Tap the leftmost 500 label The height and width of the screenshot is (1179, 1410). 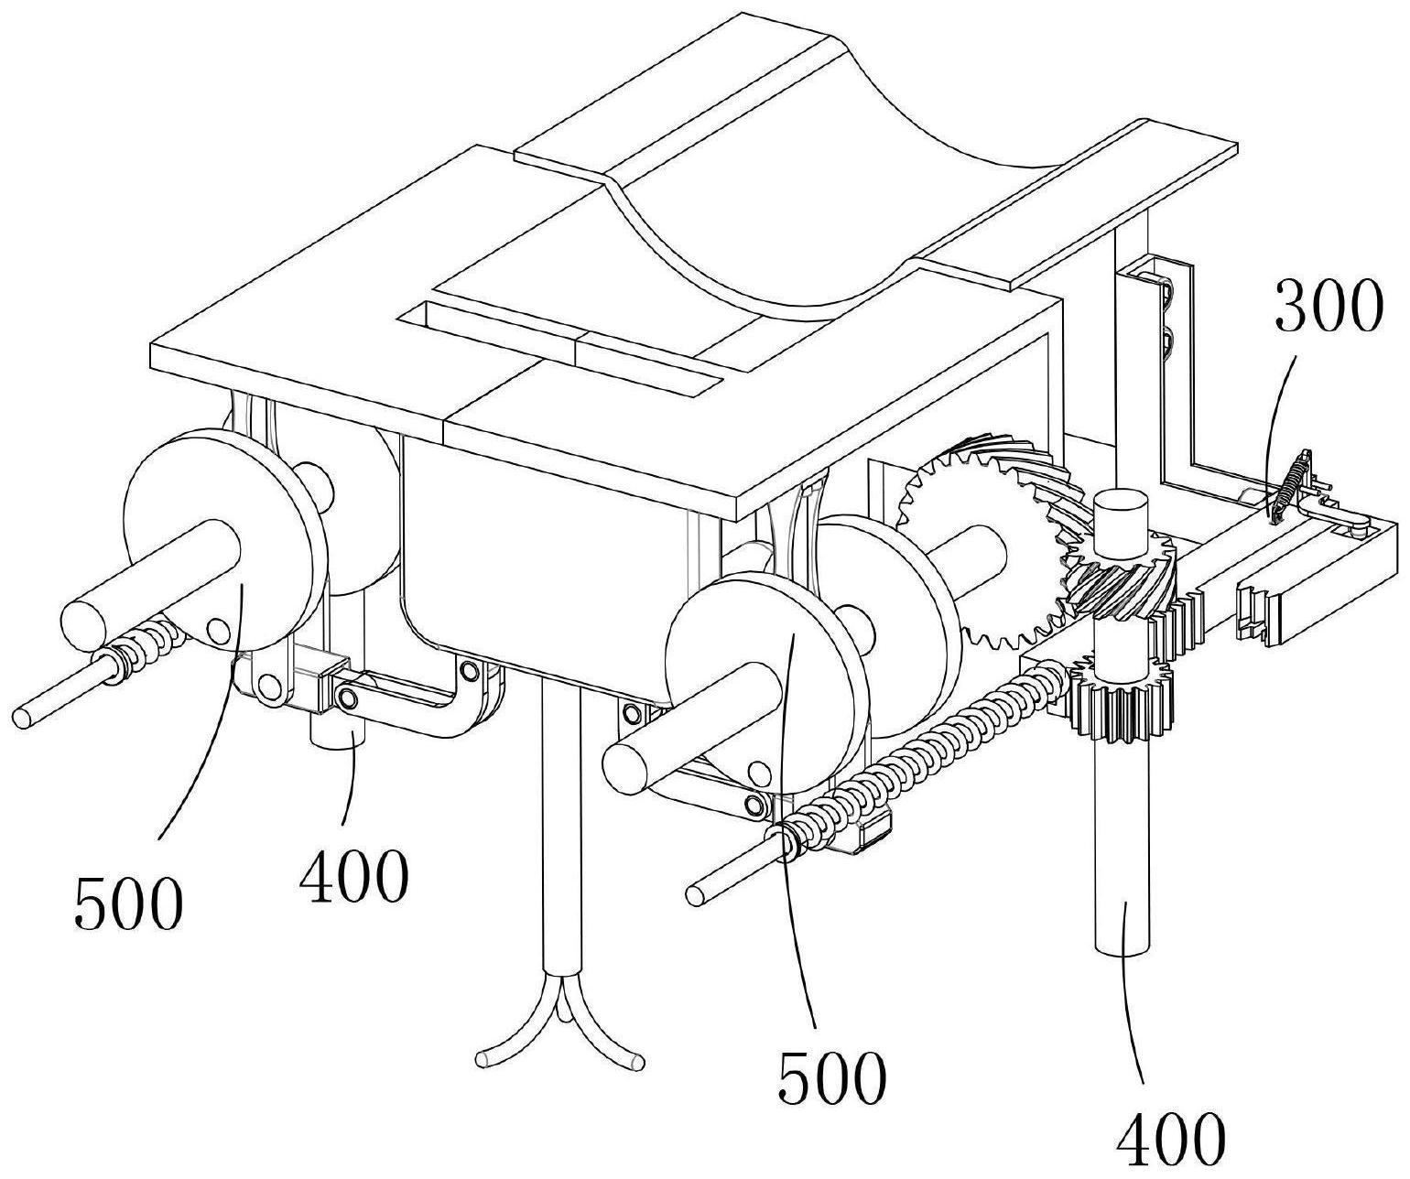pos(129,903)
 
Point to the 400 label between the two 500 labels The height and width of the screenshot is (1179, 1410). pos(352,876)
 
